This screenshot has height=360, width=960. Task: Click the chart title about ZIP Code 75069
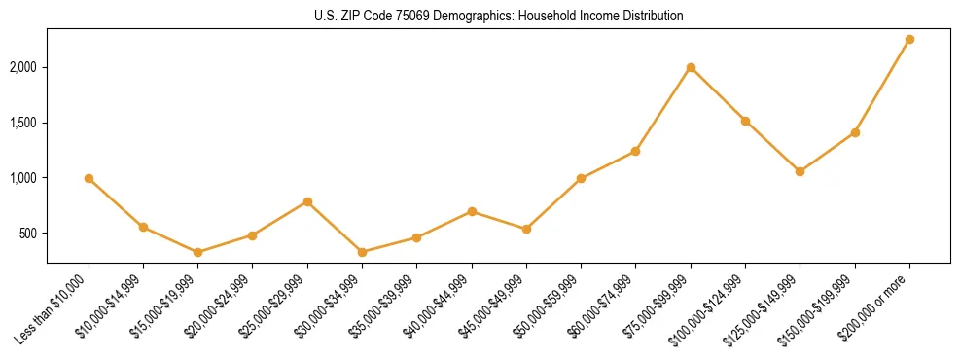[498, 16]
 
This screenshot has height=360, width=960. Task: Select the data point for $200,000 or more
[909, 40]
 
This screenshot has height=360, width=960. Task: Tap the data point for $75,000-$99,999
[691, 67]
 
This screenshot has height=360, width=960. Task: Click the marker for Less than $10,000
[89, 178]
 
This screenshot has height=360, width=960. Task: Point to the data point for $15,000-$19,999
[198, 252]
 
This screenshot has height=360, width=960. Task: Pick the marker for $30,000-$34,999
[362, 252]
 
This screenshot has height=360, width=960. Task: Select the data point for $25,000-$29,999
[307, 201]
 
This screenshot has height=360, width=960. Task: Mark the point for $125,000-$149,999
[800, 171]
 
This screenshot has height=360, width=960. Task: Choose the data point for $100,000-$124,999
[745, 121]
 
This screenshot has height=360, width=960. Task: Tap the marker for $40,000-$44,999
[472, 211]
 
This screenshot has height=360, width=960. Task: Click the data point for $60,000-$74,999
[635, 151]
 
